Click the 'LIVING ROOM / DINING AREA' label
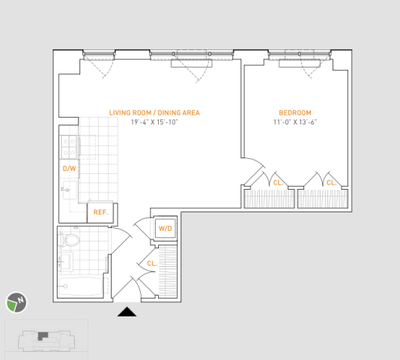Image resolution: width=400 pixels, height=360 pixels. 154,113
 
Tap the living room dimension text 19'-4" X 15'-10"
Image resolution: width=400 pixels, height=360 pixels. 154,123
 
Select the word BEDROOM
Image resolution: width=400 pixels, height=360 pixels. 295,113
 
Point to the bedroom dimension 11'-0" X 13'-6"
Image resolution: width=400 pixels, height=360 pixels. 295,123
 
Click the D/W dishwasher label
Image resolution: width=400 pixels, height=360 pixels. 69,169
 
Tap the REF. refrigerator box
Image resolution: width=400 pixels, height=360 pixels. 101,212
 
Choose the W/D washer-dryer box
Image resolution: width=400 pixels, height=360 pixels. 164,229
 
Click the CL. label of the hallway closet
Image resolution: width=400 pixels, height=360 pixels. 151,263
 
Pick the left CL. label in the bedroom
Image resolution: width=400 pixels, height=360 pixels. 277,182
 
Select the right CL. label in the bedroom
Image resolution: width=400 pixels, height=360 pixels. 331,182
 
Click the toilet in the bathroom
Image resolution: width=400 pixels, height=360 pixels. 70,241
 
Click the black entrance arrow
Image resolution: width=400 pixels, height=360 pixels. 127,312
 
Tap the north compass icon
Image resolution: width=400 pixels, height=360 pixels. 15,302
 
